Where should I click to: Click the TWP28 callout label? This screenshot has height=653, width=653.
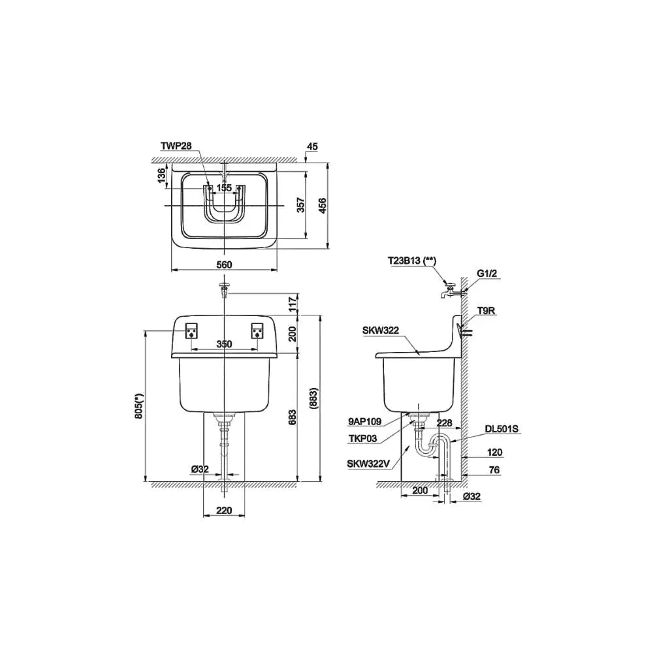click(x=176, y=146)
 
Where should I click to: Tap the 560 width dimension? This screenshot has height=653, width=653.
click(x=224, y=265)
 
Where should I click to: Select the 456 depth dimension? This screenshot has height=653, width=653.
click(x=323, y=206)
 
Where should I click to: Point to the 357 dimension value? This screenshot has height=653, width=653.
click(x=300, y=205)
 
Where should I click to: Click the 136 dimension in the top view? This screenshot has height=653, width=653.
click(x=161, y=176)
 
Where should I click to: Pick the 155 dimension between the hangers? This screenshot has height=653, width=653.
click(x=224, y=188)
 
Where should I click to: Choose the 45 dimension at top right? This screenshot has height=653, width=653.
click(x=312, y=146)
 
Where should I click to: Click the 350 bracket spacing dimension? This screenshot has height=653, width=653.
click(x=224, y=344)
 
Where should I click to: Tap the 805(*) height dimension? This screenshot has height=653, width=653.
click(x=139, y=406)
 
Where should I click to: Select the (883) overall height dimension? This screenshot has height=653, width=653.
click(x=314, y=398)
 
